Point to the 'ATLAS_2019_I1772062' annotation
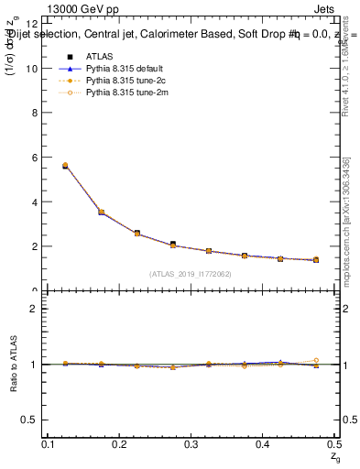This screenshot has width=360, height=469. [191, 274]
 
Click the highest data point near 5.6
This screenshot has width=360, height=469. [65, 166]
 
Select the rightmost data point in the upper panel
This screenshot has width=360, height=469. [316, 260]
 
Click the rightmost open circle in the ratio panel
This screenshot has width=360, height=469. [316, 361]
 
